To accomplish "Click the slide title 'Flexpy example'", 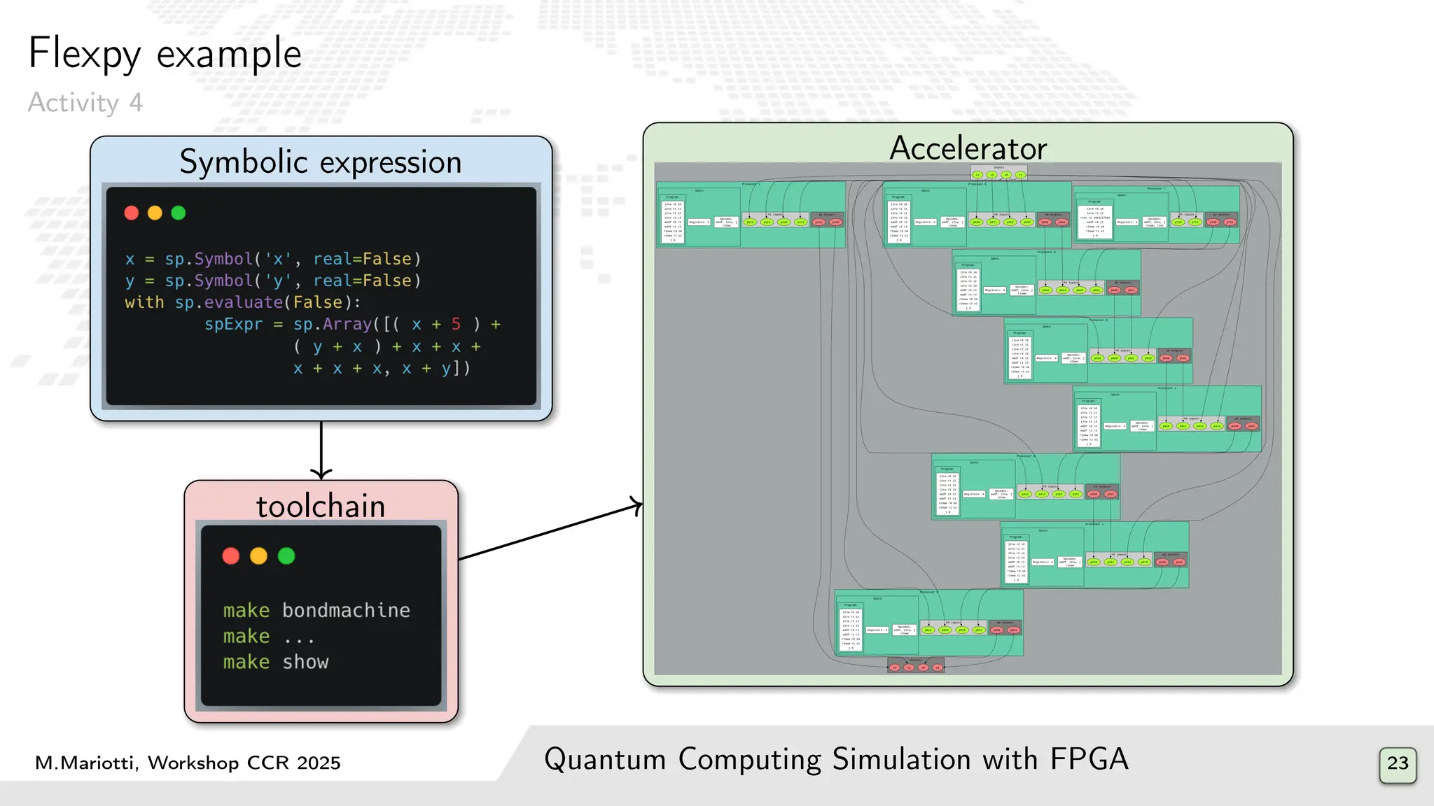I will [x=165, y=54].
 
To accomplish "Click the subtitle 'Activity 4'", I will [x=85, y=103].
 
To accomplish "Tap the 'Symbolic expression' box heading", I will [x=321, y=162].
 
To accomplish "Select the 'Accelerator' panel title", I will [x=968, y=148].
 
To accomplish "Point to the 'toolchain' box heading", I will [x=321, y=506].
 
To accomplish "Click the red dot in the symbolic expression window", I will [x=132, y=213].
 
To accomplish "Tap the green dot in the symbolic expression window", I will [x=179, y=213].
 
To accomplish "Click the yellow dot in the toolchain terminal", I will [x=258, y=556].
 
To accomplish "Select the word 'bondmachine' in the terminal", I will [x=346, y=610].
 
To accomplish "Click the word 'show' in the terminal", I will [x=305, y=662].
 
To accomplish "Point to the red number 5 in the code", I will [x=456, y=324].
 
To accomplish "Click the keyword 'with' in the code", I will [x=144, y=302].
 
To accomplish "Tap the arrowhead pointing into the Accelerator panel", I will [x=636, y=505].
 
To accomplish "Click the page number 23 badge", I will [x=1398, y=764].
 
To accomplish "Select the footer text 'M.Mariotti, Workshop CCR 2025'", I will [x=188, y=763].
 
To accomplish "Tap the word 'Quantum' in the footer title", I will [x=605, y=760].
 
